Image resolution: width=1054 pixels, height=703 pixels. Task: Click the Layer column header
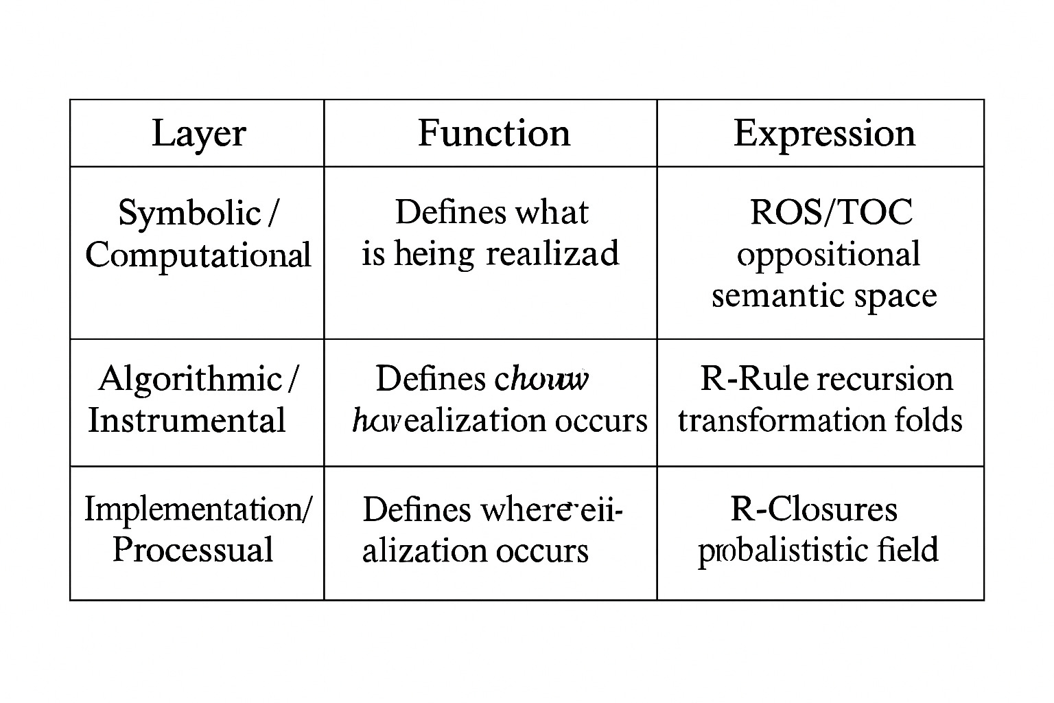point(198,133)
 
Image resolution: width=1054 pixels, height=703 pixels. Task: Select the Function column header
point(494,133)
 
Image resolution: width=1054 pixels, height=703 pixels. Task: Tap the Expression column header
point(824,133)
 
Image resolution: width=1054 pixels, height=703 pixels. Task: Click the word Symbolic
point(189,213)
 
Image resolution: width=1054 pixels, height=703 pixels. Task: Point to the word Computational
point(198,255)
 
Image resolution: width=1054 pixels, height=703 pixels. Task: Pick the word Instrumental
point(187,420)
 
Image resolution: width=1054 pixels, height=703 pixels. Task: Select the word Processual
point(193,550)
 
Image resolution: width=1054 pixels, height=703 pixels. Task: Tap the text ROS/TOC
point(832,212)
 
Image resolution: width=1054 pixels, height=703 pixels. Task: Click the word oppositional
point(828,255)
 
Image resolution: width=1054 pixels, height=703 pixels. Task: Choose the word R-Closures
point(814,509)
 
